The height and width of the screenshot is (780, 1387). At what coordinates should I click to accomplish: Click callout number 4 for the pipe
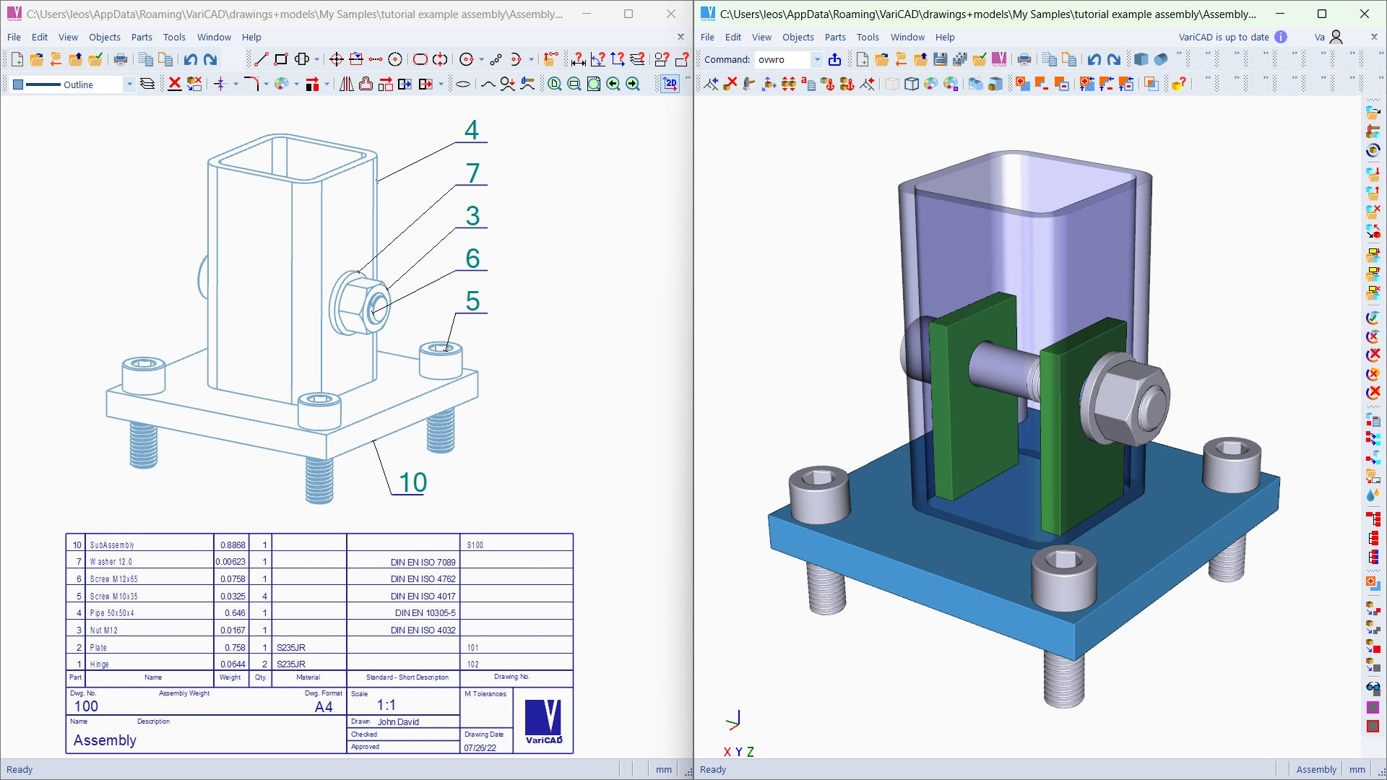coord(472,130)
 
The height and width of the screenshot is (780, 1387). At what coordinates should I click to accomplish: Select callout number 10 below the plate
coord(412,482)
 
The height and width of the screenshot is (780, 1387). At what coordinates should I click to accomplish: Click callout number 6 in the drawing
coord(472,259)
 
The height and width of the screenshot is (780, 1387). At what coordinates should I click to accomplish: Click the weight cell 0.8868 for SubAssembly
coord(232,545)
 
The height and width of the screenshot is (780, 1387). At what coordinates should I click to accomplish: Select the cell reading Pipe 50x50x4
coord(112,613)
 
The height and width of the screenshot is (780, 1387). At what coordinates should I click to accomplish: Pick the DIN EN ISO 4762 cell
coord(423,579)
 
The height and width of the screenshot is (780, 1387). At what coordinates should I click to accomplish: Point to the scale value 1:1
coord(386,705)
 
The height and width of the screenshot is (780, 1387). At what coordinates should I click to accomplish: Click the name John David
coord(398,721)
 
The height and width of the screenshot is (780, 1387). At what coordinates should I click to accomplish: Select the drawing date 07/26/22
coord(480,748)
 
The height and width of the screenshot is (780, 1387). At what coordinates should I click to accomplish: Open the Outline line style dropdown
coord(129,84)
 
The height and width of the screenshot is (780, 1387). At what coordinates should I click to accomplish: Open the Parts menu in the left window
coord(142,38)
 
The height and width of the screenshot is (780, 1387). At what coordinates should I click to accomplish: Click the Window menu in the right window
coord(907,38)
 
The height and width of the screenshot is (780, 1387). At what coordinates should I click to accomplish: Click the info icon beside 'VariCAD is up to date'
coord(1281,38)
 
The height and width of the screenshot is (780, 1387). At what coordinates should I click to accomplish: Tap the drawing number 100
coord(86,706)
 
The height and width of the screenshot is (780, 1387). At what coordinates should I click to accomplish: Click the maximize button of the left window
coord(628,14)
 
